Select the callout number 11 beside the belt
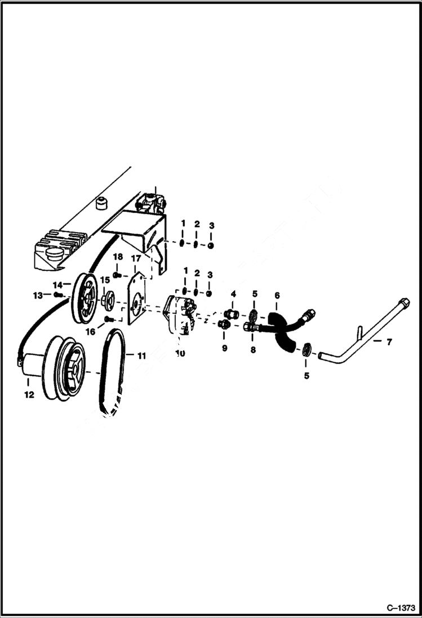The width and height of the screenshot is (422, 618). click(141, 355)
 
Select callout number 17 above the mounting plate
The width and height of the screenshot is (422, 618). click(136, 258)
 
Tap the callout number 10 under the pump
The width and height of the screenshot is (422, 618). click(180, 353)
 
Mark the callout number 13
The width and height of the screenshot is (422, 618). click(38, 295)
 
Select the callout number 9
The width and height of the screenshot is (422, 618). click(224, 349)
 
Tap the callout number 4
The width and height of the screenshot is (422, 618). click(233, 294)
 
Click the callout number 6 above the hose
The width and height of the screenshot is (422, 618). click(277, 295)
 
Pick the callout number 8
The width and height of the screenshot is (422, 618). click(253, 349)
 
